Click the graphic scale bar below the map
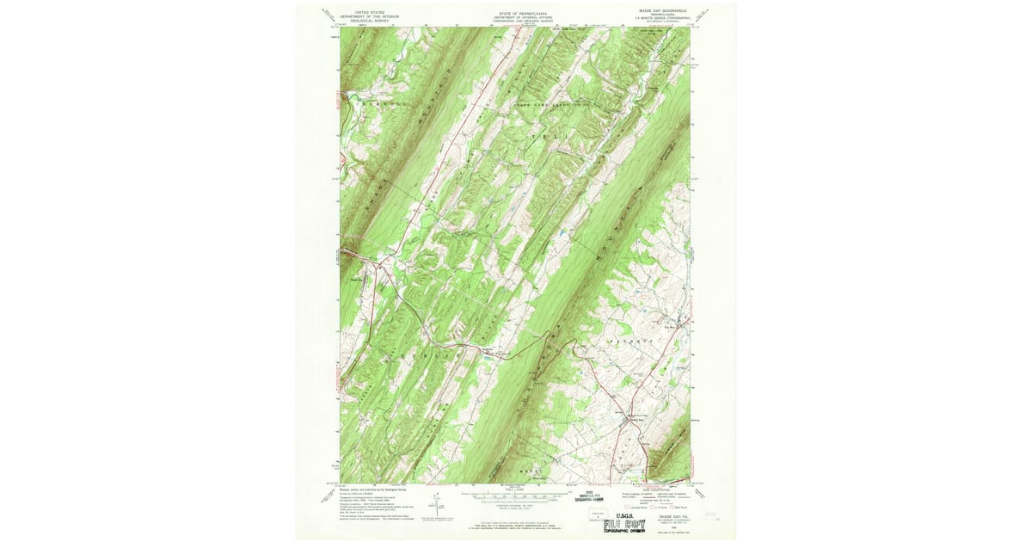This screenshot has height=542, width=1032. (516, 496)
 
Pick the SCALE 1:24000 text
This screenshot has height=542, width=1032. (516, 491)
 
